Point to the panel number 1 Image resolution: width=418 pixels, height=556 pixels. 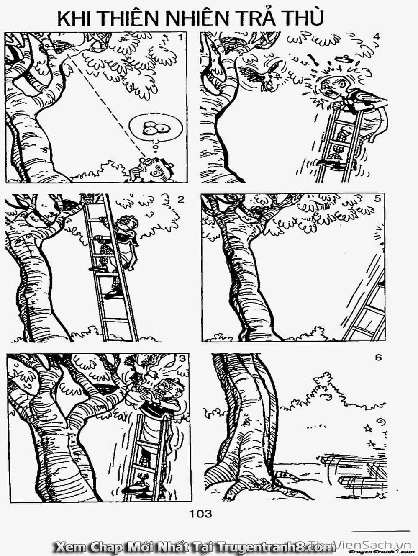pos(180,38)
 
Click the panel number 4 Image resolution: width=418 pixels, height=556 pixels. pos(377,37)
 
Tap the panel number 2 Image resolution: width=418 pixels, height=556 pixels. pos(180,200)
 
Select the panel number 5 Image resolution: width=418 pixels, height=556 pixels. pos(377,199)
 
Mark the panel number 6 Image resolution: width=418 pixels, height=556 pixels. pos(378,358)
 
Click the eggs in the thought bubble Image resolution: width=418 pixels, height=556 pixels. pos(155,128)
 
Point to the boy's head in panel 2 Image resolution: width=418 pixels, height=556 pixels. pos(129,224)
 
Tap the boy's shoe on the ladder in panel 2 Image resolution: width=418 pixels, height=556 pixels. pos(113,294)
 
